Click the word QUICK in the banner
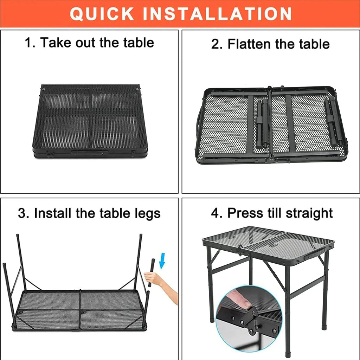(102, 14)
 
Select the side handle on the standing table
(315, 253)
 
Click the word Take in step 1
(54, 43)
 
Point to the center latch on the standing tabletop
(240, 251)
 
